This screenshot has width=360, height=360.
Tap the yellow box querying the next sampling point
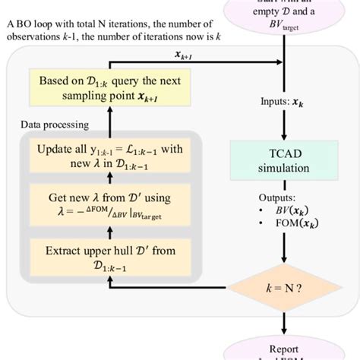tap(112, 88)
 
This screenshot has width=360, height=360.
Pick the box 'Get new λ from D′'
tap(112, 204)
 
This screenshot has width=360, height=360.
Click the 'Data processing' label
tap(54, 123)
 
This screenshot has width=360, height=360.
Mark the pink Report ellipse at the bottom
tap(283, 351)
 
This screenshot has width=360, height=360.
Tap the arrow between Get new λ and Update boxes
tap(112, 180)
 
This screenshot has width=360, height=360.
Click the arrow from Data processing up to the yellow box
tap(112, 119)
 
